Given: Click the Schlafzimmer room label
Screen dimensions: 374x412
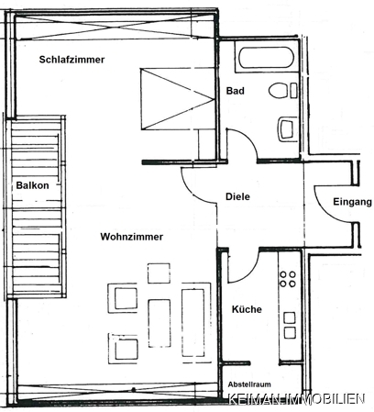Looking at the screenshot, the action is coord(71,60).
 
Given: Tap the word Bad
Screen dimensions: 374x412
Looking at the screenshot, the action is coord(235,91).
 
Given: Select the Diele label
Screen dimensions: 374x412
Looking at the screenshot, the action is coord(237,196).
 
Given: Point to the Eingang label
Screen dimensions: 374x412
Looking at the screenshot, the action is coord(352,202).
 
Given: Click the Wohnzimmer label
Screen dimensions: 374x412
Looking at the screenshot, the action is coord(132,237).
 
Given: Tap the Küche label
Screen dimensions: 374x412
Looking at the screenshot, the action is coord(247,309).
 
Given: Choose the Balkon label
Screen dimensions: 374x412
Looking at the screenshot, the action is coord(32,185).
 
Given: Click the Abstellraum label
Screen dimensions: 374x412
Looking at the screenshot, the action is coord(249,384).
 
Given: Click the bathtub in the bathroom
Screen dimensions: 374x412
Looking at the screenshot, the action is coord(266,58).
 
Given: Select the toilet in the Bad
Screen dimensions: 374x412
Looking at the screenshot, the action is coord(282,91).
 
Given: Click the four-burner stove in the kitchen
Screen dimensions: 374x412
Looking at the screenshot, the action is coord(288,279).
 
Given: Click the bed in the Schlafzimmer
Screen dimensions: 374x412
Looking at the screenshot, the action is coord(177,99).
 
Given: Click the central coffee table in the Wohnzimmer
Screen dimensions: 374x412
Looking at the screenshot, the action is coord(159,323).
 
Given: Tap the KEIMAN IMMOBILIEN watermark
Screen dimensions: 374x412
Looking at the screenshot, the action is coord(297,399).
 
